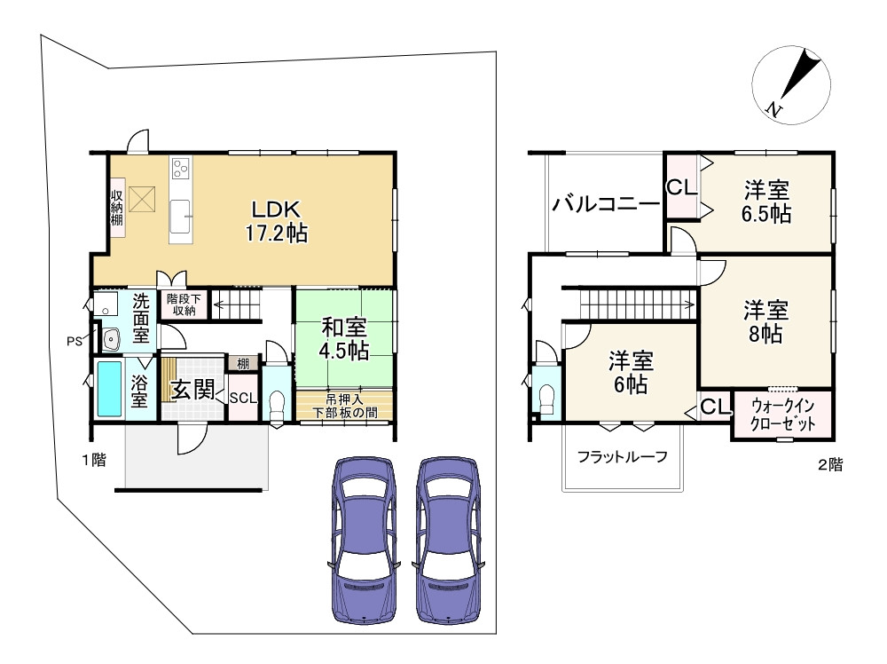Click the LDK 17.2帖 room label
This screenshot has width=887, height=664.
(276, 221)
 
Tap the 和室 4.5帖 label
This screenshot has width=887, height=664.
(344, 338)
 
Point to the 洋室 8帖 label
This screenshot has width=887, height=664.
(766, 322)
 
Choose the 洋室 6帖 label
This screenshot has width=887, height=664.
(631, 373)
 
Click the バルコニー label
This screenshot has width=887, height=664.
(607, 203)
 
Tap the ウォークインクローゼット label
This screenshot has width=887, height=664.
(783, 415)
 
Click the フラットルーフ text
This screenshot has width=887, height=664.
(623, 456)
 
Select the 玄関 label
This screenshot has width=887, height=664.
(192, 390)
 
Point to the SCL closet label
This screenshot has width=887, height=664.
(243, 398)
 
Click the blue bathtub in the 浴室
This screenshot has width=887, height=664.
(110, 388)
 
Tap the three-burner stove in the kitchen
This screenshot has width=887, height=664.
(181, 168)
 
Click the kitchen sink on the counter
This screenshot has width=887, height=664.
(180, 216)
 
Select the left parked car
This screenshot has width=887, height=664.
(363, 540)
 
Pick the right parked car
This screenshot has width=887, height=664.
(448, 540)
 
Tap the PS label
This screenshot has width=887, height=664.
(75, 342)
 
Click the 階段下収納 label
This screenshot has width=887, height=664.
(184, 304)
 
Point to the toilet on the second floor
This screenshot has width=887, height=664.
(547, 400)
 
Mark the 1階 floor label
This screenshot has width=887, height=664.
(94, 460)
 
